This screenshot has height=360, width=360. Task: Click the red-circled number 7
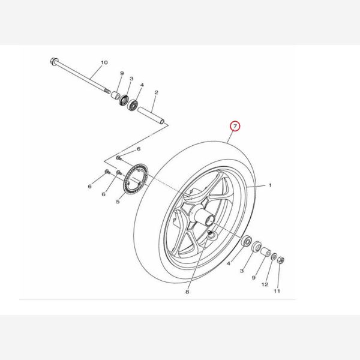(x=235, y=126)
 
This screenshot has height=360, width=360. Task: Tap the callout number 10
(x=104, y=62)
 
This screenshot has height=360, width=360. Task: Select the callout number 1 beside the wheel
(x=270, y=185)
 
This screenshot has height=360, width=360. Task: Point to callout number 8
(x=187, y=292)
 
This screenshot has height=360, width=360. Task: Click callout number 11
(x=277, y=291)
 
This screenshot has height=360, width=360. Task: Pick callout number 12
(x=265, y=284)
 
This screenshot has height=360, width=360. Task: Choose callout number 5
(x=118, y=202)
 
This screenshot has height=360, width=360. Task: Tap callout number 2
(x=157, y=92)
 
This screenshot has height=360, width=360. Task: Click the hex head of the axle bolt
(x=53, y=61)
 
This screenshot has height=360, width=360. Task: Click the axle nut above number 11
(x=281, y=260)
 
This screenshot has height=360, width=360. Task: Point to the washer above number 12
(x=274, y=257)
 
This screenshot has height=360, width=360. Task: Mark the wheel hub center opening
(x=209, y=221)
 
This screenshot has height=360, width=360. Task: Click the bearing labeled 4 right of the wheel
(x=246, y=241)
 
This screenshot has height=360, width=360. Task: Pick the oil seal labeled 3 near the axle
(x=124, y=100)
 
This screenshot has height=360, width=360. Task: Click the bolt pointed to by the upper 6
(x=118, y=158)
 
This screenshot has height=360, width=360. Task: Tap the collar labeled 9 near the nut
(x=266, y=252)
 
